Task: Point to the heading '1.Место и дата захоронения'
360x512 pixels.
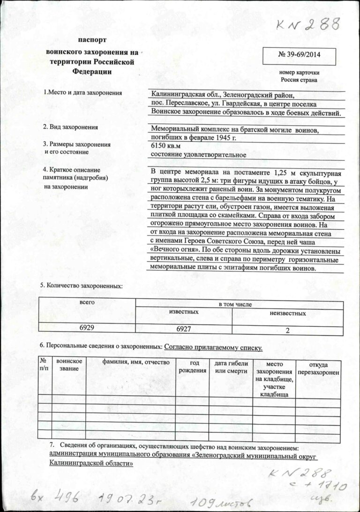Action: point(82,93)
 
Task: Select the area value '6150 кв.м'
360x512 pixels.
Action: point(167,146)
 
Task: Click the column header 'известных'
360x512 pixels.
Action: point(184,312)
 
